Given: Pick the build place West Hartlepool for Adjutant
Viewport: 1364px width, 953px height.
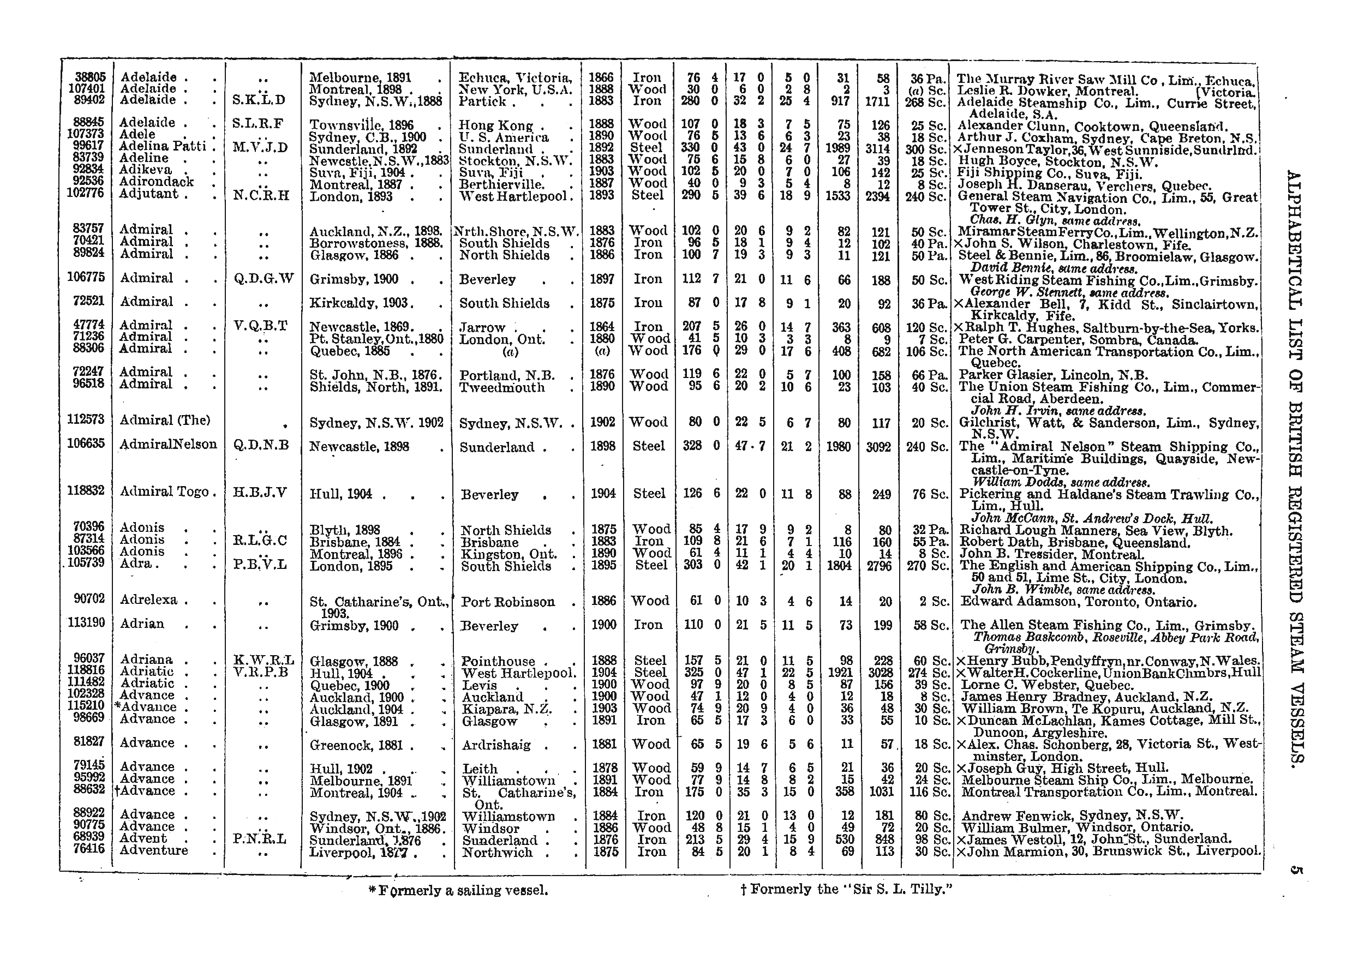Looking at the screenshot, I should (513, 196).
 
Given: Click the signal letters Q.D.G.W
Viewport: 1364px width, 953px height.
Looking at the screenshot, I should (263, 279).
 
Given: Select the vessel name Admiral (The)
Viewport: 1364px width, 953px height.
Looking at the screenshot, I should (165, 420).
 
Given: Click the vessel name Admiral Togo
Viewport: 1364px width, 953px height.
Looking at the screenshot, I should (164, 492).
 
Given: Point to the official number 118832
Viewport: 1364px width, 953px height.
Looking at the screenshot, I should (86, 491).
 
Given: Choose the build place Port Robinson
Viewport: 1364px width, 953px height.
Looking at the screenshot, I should (508, 602).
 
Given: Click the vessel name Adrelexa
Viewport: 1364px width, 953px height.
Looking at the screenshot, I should (148, 600).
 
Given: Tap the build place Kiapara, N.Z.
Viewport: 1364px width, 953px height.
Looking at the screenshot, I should (507, 709).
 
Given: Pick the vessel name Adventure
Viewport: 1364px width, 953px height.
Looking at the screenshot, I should (153, 850).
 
